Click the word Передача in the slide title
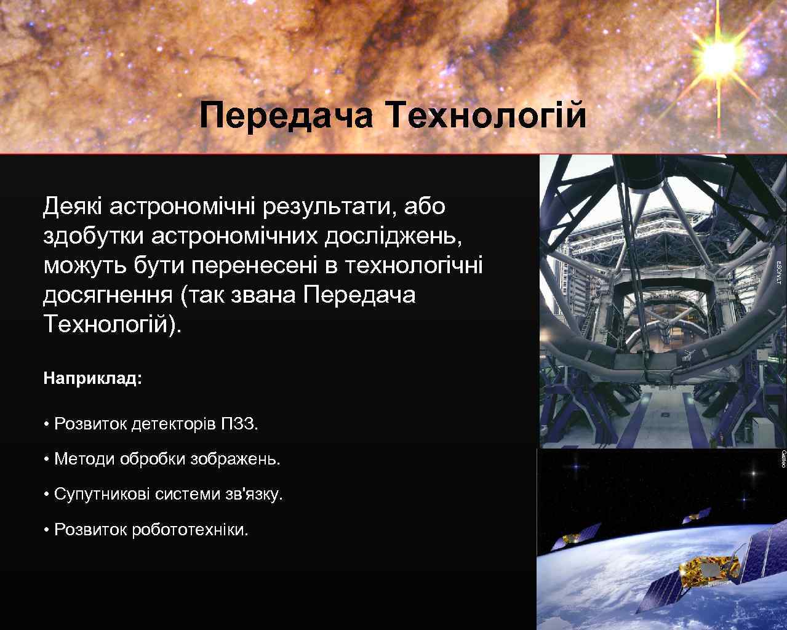tap(286, 116)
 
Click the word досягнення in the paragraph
tap(108, 295)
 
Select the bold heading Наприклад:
tap(92, 378)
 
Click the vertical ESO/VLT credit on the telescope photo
tap(778, 272)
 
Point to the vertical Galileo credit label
tap(783, 459)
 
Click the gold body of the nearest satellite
tap(708, 569)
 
